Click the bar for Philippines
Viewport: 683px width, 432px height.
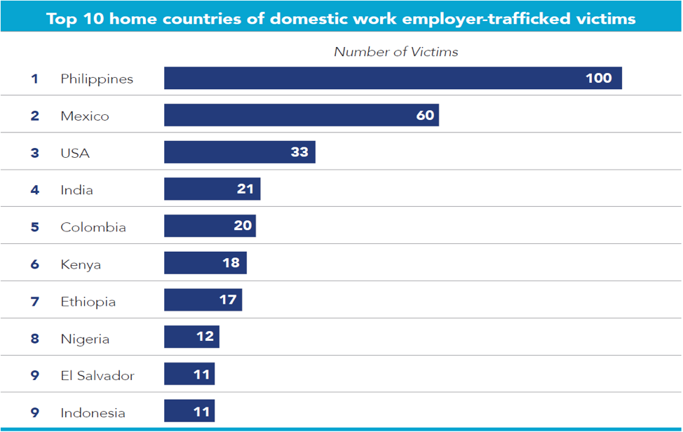(x=393, y=78)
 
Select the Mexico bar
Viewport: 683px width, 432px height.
(x=302, y=115)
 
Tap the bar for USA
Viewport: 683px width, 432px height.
(x=240, y=152)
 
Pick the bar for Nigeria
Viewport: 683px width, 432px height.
(x=191, y=337)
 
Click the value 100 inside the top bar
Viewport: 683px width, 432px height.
(x=599, y=78)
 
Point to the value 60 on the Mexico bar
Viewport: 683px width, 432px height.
(x=425, y=115)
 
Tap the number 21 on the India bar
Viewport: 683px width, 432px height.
(x=245, y=189)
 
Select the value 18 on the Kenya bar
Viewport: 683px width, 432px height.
(x=231, y=263)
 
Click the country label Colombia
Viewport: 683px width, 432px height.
(x=93, y=227)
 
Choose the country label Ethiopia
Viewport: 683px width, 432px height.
(x=88, y=302)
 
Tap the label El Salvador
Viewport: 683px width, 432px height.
(x=97, y=375)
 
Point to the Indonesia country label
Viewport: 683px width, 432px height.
(x=93, y=412)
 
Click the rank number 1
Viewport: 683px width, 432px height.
(x=34, y=79)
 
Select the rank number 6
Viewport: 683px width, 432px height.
(x=34, y=264)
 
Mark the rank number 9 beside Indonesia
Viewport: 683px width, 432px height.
(x=34, y=412)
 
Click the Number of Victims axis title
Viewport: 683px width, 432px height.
(x=395, y=52)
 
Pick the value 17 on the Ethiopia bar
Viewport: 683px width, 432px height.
(x=227, y=300)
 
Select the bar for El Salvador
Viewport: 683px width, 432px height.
(x=189, y=374)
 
